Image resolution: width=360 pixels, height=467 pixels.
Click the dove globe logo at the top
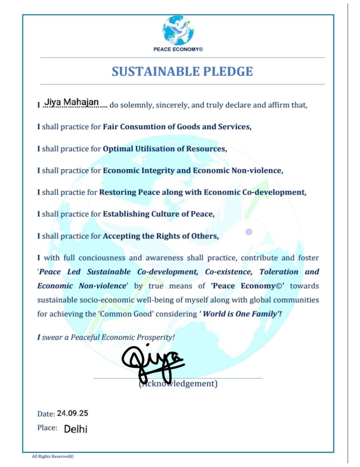click(x=178, y=30)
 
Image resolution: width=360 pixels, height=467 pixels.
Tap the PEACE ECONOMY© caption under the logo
click(x=178, y=49)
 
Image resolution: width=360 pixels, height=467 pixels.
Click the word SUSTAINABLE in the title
click(x=155, y=72)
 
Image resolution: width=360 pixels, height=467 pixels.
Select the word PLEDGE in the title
click(x=228, y=72)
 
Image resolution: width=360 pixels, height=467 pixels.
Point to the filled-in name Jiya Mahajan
click(x=72, y=102)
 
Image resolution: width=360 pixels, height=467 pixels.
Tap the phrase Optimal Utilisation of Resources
click(x=165, y=149)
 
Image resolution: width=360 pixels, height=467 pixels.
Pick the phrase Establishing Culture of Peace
click(x=158, y=214)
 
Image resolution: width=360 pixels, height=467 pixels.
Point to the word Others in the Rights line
click(x=205, y=236)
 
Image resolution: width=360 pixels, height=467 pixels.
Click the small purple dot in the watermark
click(x=249, y=232)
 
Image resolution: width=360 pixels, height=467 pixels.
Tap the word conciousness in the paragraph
click(x=102, y=258)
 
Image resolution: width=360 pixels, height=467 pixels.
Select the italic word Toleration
click(x=279, y=272)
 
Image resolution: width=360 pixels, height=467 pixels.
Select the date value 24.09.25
click(x=72, y=413)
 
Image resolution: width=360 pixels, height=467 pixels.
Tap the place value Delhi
click(x=76, y=429)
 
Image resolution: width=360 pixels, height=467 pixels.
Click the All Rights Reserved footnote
click(x=53, y=456)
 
